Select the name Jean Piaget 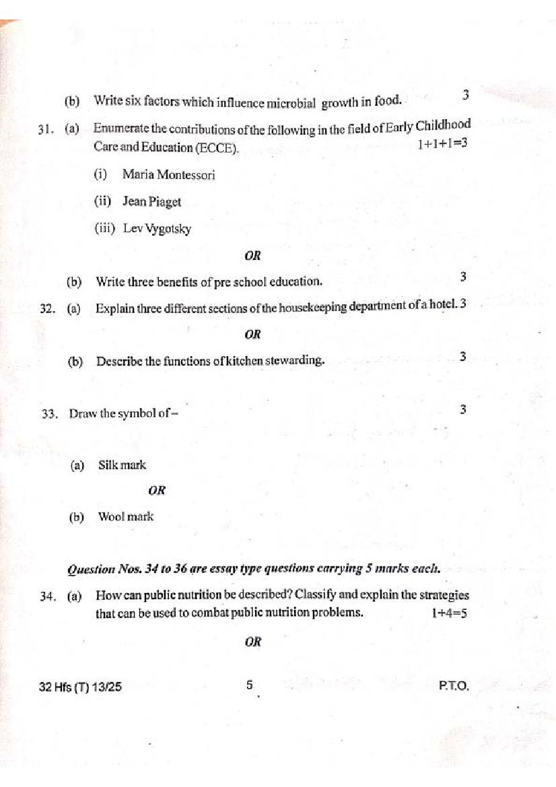[x=151, y=201]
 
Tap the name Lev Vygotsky [x=157, y=228]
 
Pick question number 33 [x=49, y=413]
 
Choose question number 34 [x=47, y=596]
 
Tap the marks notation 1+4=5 [x=449, y=613]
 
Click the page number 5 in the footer [x=249, y=685]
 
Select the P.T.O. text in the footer [x=453, y=687]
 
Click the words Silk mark [x=122, y=465]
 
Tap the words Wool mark [x=126, y=516]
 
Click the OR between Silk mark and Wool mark [x=157, y=491]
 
